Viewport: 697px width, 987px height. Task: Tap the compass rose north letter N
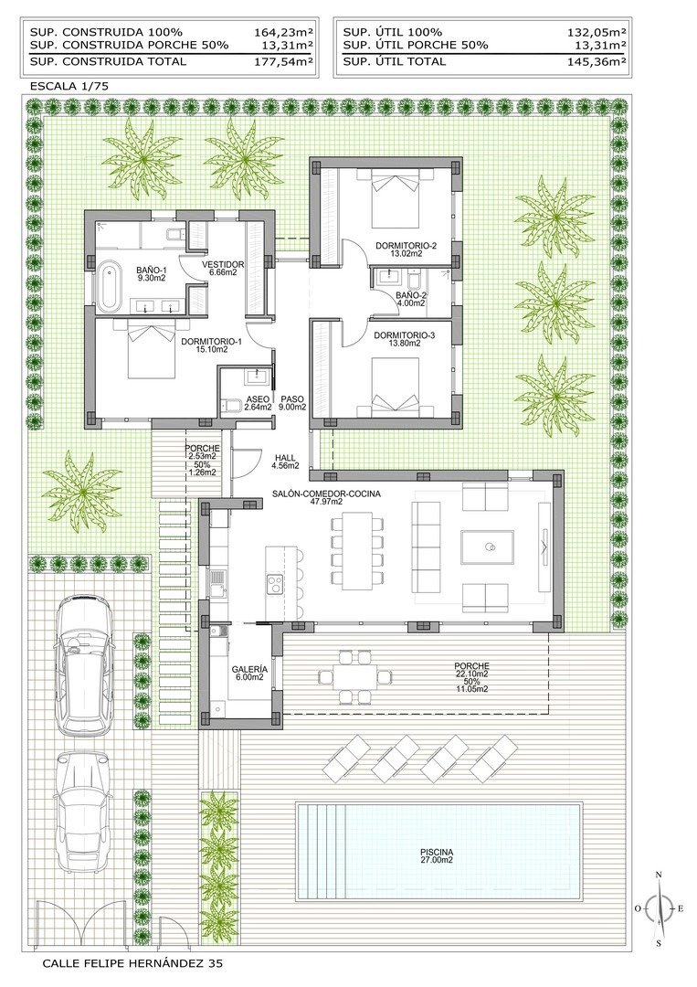(659, 876)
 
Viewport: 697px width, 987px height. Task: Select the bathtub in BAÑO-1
(109, 283)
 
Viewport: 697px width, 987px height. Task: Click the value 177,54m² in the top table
(283, 62)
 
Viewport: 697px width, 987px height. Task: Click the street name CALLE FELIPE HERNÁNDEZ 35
(132, 963)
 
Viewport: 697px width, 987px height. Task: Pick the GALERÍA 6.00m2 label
(248, 673)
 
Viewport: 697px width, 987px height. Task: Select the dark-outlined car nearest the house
(85, 663)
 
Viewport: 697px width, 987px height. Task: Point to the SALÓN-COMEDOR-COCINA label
(326, 497)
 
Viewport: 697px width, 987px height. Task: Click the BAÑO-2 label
(412, 300)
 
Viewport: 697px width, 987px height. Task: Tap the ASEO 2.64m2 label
(257, 404)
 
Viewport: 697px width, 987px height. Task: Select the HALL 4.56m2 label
(285, 461)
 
